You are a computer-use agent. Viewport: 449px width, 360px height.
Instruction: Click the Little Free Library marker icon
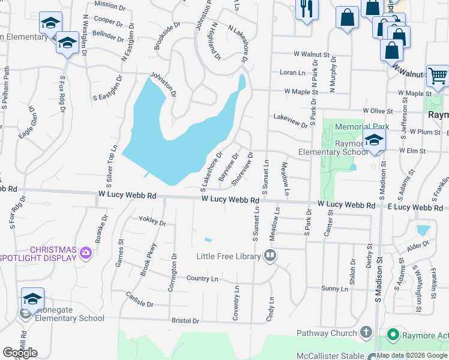(270, 256)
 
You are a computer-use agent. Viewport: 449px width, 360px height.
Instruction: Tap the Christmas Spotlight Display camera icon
(86, 253)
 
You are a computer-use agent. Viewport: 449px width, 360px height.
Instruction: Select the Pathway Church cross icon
(366, 333)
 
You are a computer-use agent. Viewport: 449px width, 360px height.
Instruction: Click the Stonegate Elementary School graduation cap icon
(32, 298)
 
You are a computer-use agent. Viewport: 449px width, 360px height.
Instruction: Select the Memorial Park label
(362, 127)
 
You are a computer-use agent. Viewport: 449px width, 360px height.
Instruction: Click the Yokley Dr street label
(152, 221)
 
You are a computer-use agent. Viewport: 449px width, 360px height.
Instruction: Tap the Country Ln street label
(202, 278)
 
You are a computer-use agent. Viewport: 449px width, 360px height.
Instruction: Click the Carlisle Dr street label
(140, 298)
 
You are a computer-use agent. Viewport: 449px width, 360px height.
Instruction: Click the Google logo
(20, 353)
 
